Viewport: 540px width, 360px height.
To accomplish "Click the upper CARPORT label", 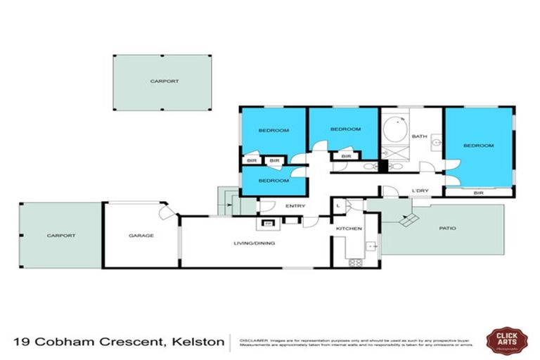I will (x=164, y=82).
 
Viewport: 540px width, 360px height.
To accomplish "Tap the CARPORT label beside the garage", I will (x=61, y=236).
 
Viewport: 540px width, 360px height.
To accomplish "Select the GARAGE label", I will (x=141, y=236).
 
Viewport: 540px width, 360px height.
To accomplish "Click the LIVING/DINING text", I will (x=255, y=243).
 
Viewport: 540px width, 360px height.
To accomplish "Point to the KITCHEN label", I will (x=349, y=229).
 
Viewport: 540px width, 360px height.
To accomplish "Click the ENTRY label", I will (x=294, y=206).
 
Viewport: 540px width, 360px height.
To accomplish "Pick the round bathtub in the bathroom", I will (x=394, y=131).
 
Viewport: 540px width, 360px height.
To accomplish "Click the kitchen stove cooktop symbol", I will (x=355, y=263).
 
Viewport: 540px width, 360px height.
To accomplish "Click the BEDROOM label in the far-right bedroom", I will (x=478, y=146).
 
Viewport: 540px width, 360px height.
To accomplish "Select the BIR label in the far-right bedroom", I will (x=479, y=192).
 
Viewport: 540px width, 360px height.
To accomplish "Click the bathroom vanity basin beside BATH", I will (x=437, y=142).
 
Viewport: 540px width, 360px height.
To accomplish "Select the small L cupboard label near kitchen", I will (x=339, y=205).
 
